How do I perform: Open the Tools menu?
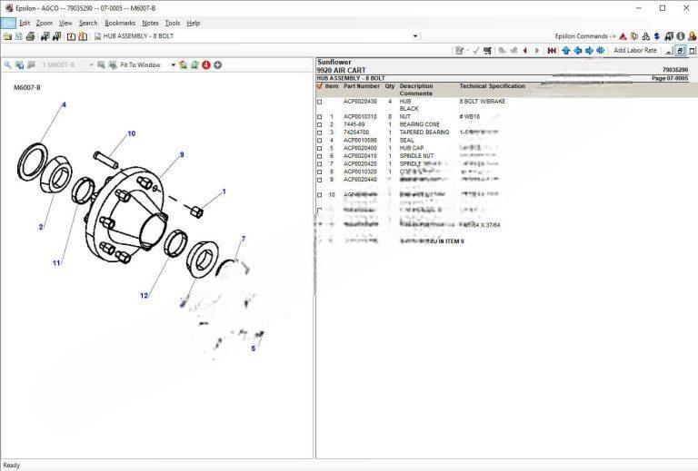(x=173, y=23)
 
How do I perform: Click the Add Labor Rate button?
(x=634, y=51)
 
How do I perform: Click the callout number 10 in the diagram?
(x=131, y=133)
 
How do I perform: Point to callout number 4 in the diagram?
(x=64, y=105)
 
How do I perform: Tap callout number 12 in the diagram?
(x=144, y=296)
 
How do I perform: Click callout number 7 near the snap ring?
(x=243, y=239)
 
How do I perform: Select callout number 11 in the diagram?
(x=56, y=263)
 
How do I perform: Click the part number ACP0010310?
(x=360, y=117)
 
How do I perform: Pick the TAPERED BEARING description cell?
(x=424, y=132)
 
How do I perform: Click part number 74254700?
(x=356, y=132)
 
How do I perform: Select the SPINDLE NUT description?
(x=417, y=156)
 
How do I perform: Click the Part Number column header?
(x=362, y=86)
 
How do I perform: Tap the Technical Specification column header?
(x=492, y=86)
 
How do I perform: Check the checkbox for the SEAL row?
(x=319, y=141)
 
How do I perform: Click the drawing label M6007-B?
(x=27, y=88)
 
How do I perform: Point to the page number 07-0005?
(x=670, y=79)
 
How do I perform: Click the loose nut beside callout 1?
(x=197, y=211)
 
